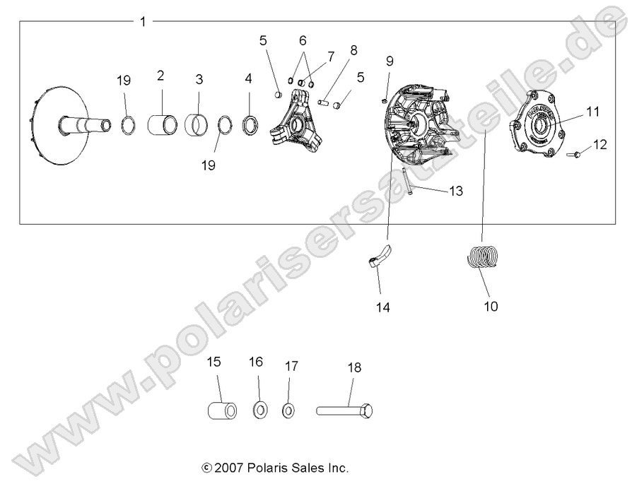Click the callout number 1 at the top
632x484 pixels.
143,22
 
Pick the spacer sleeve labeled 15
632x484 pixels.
221,411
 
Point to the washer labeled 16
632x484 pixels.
259,410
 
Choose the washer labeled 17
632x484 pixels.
288,410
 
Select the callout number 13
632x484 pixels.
457,191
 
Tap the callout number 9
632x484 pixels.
389,61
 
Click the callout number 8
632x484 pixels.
353,50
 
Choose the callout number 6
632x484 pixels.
303,41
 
